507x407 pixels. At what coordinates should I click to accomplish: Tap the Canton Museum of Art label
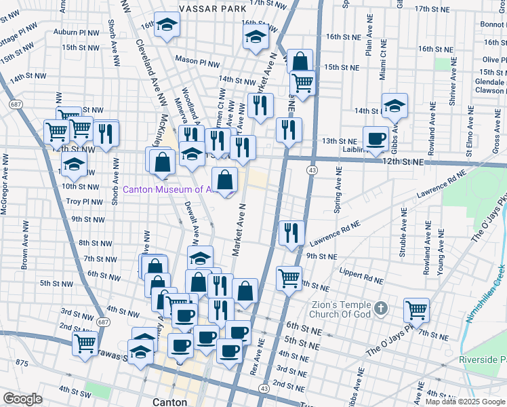tap(171, 189)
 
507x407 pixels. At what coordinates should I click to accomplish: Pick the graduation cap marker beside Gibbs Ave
tap(394, 106)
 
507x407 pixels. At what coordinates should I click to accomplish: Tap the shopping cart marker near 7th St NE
tap(416, 311)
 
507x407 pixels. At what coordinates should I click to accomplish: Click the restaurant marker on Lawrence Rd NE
tap(292, 233)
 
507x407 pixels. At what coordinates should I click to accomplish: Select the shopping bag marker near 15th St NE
tap(299, 62)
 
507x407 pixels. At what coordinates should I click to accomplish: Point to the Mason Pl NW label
tap(197, 60)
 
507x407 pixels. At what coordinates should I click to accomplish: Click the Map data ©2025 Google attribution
tap(465, 402)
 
